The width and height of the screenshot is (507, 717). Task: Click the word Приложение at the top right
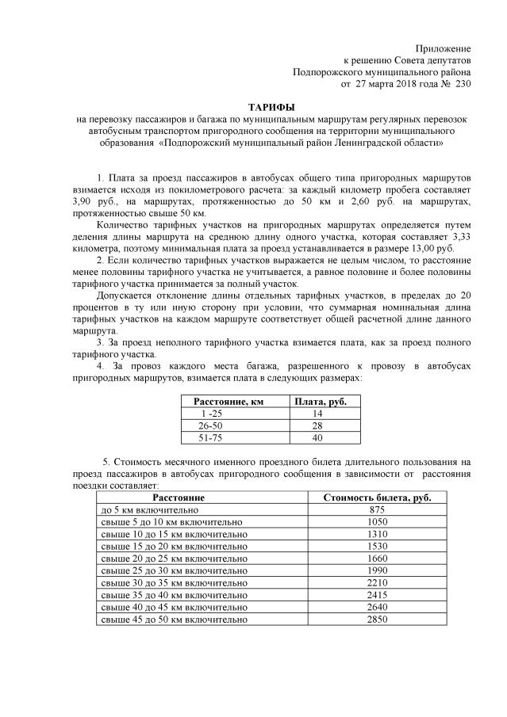tap(443, 48)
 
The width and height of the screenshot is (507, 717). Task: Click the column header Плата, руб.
tap(321, 402)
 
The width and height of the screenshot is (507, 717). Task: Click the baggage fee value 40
tap(318, 437)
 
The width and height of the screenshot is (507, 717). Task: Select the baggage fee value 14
tap(318, 414)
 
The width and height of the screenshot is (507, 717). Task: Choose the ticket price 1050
tap(377, 523)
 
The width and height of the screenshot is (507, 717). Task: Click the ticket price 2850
tap(377, 619)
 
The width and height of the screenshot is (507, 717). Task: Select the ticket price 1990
tap(377, 571)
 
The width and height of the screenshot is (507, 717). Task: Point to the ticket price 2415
tap(377, 595)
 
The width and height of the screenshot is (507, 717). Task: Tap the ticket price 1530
tap(377, 547)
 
